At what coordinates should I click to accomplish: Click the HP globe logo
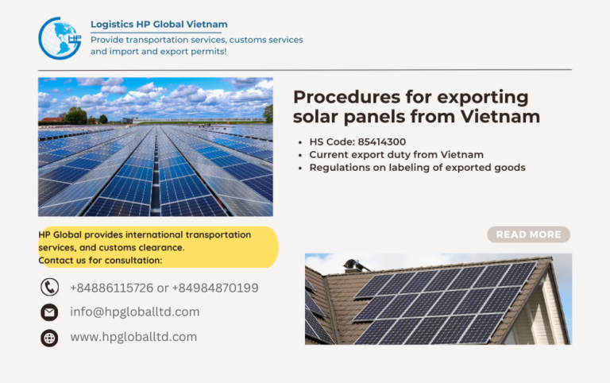point(60,38)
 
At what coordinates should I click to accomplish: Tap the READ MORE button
point(528,234)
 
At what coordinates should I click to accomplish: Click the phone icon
point(49,288)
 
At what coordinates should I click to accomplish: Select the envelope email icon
point(49,312)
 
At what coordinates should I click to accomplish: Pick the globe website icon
point(49,338)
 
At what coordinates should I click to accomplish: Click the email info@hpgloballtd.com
point(134,312)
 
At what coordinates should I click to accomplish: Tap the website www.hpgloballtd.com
point(133,337)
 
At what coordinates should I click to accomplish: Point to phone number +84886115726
point(111,288)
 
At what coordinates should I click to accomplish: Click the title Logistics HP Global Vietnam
point(159,25)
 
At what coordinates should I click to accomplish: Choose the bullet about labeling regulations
point(417,168)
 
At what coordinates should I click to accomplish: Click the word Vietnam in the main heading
point(502,117)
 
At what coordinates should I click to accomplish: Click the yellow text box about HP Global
point(157,247)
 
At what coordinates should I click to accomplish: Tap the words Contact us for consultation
point(100,261)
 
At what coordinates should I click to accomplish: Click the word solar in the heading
point(317,117)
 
